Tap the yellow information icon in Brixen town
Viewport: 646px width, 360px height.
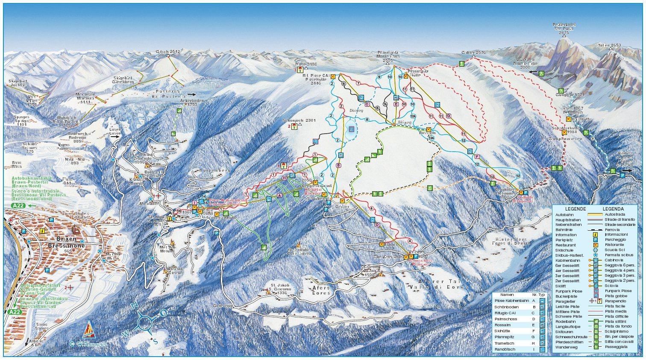(x=42, y=231)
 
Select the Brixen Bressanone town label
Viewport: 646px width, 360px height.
(x=66, y=243)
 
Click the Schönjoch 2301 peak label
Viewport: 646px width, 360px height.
(x=299, y=120)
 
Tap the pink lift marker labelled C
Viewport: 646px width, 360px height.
(x=367, y=104)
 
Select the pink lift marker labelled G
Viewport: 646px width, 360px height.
(x=448, y=116)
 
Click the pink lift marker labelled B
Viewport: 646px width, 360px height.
(x=338, y=165)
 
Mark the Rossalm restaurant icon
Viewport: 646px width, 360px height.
(x=429, y=129)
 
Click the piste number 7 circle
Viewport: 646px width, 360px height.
(x=358, y=83)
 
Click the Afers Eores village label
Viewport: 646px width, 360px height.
(x=321, y=290)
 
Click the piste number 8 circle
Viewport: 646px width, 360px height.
(x=367, y=119)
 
